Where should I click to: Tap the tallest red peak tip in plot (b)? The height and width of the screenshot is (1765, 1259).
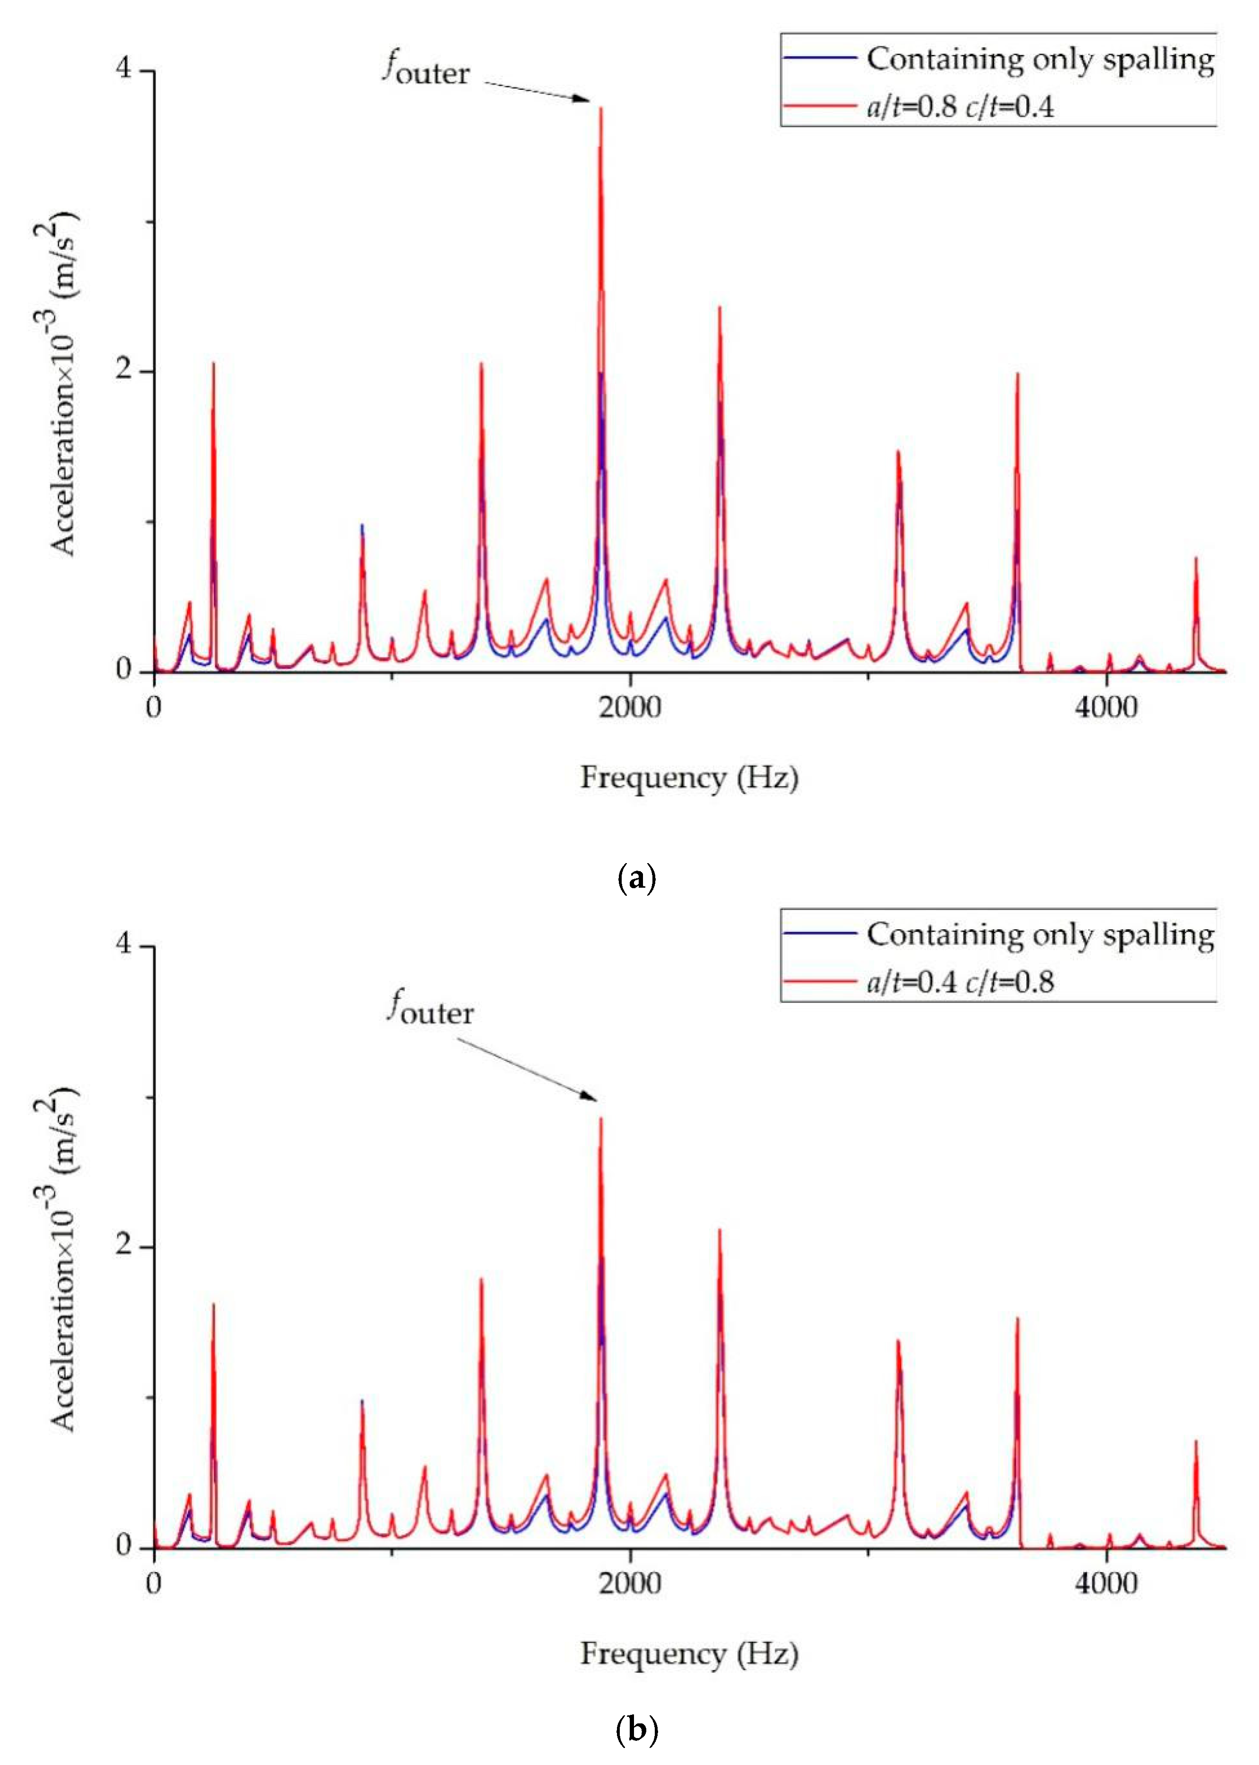coord(601,1118)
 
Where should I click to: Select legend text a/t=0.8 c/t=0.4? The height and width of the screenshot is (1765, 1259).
coord(960,106)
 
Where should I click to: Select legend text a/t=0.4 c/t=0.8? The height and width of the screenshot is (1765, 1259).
coord(960,982)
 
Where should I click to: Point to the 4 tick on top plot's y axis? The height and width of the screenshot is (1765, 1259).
coord(124,70)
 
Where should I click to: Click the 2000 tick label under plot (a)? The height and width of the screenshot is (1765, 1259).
coord(630,707)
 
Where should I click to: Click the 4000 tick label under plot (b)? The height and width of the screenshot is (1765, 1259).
coord(1106,1583)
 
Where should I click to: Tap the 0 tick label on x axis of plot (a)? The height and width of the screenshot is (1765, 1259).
coord(154,707)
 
